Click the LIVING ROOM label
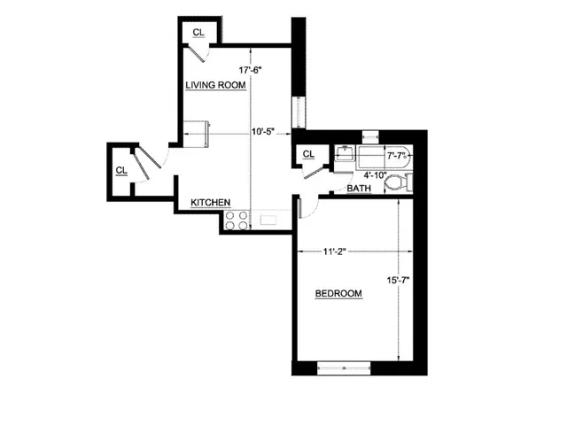[215, 85]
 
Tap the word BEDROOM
[338, 294]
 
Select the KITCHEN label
[211, 203]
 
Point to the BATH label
[359, 189]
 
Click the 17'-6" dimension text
[252, 70]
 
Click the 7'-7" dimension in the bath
[397, 156]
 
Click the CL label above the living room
[198, 33]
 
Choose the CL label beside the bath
[308, 154]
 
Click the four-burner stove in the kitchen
[237, 220]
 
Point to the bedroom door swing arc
[300, 209]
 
